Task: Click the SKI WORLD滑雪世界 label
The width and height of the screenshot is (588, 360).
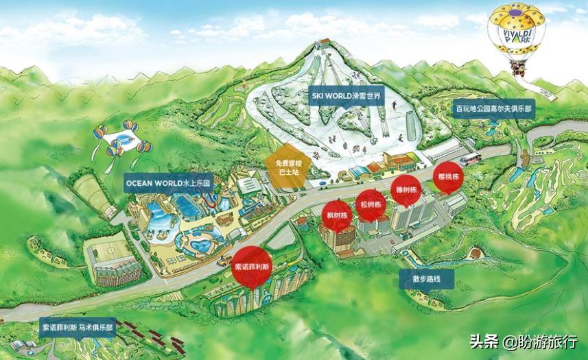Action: click(349, 97)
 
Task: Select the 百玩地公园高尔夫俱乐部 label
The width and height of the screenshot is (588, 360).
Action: click(495, 108)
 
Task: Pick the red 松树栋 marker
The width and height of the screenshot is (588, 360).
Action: click(371, 204)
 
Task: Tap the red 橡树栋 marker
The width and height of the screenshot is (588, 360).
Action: click(405, 189)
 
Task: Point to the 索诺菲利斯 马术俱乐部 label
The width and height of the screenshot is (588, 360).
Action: click(77, 329)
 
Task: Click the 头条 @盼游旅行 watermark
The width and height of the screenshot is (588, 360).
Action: click(523, 341)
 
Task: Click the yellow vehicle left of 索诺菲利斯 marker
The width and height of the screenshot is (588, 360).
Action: click(224, 261)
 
